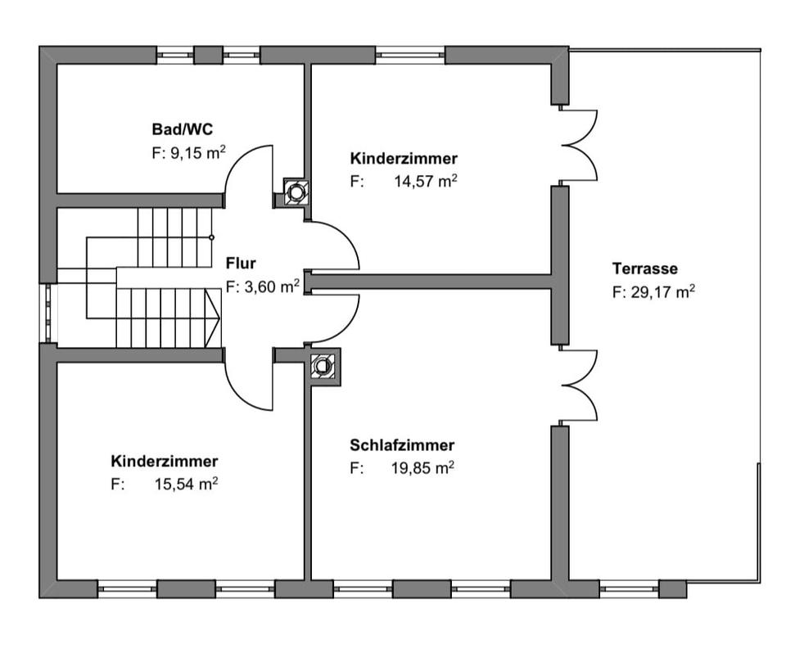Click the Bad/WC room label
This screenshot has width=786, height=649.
coord(183,129)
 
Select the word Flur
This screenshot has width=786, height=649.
coord(241,263)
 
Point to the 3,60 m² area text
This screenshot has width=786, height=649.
coord(272,286)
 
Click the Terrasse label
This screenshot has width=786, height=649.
coord(644,268)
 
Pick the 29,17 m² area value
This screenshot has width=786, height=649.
coord(662,291)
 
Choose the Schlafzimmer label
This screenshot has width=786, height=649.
coord(402,445)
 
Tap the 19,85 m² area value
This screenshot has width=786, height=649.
coord(422,468)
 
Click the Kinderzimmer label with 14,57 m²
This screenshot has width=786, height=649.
coord(404,159)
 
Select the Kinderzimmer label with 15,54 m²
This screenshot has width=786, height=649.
coord(165,461)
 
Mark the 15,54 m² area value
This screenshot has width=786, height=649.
coord(186,484)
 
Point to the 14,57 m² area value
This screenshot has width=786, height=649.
coord(425,182)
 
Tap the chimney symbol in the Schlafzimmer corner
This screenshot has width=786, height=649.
coord(323,366)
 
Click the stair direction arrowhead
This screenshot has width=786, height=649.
coord(213,318)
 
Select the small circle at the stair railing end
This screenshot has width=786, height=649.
coord(211,237)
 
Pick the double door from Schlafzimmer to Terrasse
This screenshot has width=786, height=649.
coord(579,385)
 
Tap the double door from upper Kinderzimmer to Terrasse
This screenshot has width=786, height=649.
coord(579,145)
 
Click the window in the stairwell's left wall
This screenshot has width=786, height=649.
coord(48,313)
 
